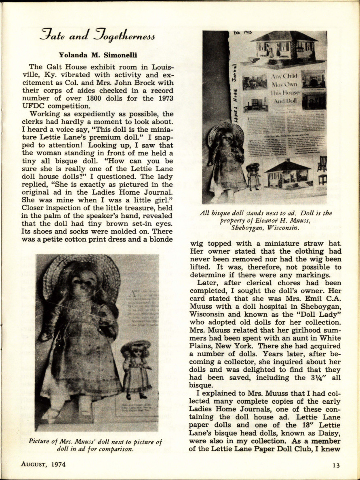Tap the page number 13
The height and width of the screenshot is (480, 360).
tap(336, 465)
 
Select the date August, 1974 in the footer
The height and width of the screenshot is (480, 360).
tap(43, 464)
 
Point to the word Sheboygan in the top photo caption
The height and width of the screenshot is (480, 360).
tap(248, 227)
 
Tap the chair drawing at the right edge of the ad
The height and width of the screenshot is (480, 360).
tap(322, 170)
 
